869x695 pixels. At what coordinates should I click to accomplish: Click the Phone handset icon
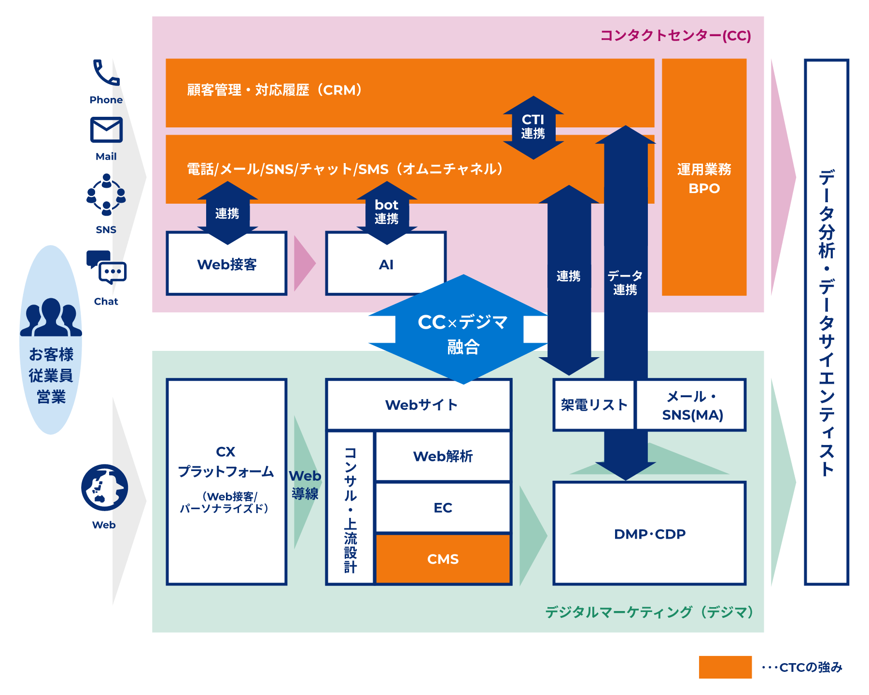tap(106, 73)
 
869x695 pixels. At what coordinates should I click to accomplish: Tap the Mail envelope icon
tap(106, 130)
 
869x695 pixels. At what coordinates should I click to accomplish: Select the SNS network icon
tap(106, 195)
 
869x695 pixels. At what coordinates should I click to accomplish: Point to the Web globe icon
tap(105, 487)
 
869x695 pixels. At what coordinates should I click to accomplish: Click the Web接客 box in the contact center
tap(226, 264)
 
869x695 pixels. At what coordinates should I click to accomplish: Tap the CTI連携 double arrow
tap(533, 127)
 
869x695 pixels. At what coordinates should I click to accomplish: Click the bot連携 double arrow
tap(386, 212)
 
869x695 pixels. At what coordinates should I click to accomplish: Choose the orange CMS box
tap(443, 559)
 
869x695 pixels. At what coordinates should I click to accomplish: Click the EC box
tap(443, 508)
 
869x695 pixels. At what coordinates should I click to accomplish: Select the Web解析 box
tap(443, 456)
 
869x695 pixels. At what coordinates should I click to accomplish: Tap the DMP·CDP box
tap(649, 534)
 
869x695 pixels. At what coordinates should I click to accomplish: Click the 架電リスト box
tap(594, 405)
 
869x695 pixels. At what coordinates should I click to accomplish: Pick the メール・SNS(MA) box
tap(691, 405)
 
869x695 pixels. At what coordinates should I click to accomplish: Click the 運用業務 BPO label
tap(704, 179)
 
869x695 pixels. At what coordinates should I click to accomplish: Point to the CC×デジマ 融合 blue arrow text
tap(463, 333)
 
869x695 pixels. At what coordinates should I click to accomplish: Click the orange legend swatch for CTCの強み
tap(725, 667)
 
